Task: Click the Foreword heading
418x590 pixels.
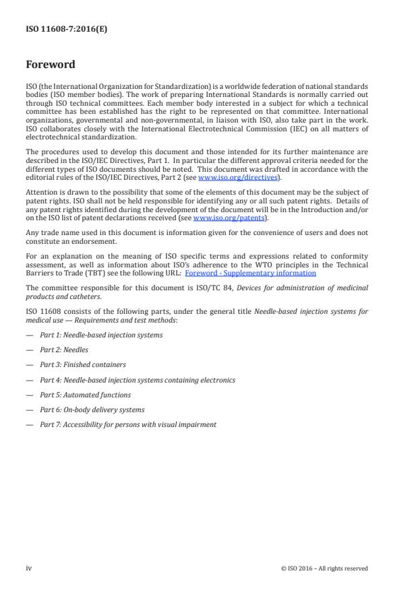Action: [x=50, y=65]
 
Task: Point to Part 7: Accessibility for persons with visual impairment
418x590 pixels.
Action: [x=128, y=424]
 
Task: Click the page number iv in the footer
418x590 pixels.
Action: [x=29, y=568]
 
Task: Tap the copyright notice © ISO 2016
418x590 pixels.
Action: [x=324, y=568]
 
